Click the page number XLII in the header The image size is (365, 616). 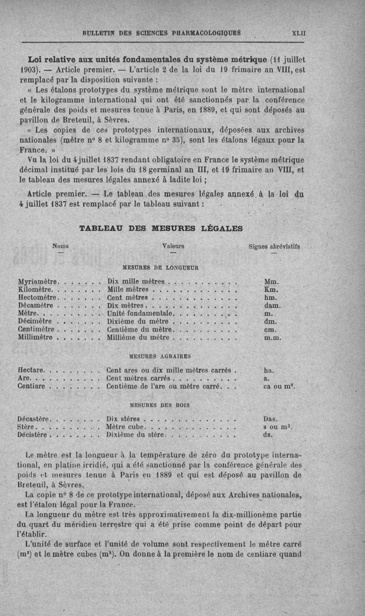tap(298, 33)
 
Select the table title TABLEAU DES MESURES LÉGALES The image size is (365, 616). tap(161, 228)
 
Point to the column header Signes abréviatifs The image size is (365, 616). tap(275, 246)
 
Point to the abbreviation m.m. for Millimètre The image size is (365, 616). tap(273, 338)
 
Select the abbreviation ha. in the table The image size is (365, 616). tap(269, 370)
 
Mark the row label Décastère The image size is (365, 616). tap(35, 418)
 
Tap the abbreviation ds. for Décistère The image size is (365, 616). tap(268, 435)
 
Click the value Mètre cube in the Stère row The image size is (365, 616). tap(125, 427)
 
